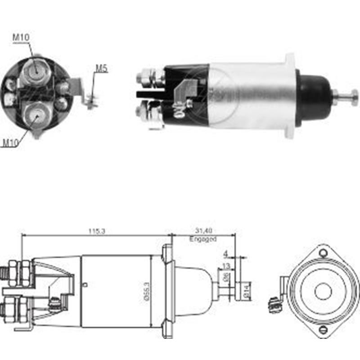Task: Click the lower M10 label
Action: tap(11, 143)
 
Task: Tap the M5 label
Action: tap(101, 69)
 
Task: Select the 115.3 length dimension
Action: tap(97, 231)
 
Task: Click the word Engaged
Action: tap(203, 239)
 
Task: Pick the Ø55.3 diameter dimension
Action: tap(147, 292)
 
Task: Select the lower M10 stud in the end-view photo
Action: tap(36, 115)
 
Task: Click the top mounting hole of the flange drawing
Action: tap(323, 252)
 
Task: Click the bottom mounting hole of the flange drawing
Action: tap(323, 331)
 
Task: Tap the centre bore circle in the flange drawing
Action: tap(323, 292)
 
